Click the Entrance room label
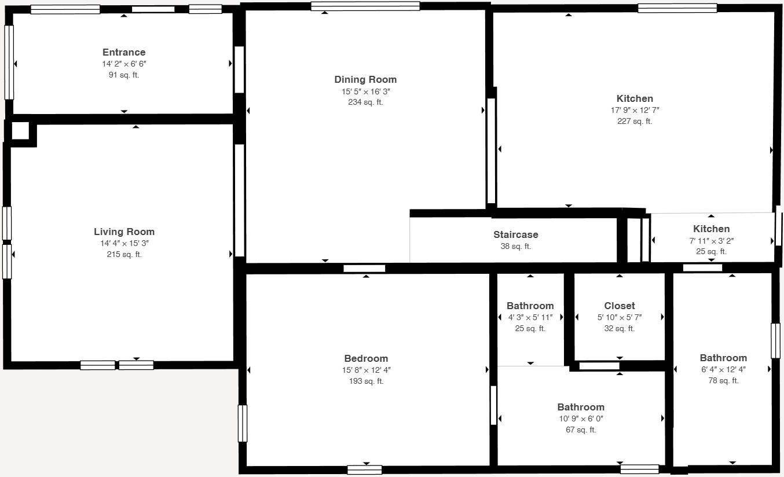[x=124, y=52]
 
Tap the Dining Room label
[x=365, y=80]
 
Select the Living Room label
[x=124, y=232]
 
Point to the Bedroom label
[x=366, y=358]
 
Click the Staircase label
[x=516, y=234]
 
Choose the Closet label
[x=620, y=306]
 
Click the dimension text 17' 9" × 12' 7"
[x=635, y=110]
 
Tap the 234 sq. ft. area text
[x=365, y=102]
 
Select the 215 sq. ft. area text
[x=124, y=255]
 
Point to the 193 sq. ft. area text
[x=366, y=381]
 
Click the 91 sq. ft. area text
[x=124, y=75]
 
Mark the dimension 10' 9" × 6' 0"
[x=581, y=419]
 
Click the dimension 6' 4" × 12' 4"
[x=723, y=369]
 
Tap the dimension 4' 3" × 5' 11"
[x=530, y=317]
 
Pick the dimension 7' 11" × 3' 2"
[x=712, y=241]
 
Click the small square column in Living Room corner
[x=20, y=130]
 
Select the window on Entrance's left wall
[x=9, y=63]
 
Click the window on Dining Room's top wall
[x=365, y=6]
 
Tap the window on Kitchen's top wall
[x=677, y=8]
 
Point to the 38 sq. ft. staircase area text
[x=516, y=246]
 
